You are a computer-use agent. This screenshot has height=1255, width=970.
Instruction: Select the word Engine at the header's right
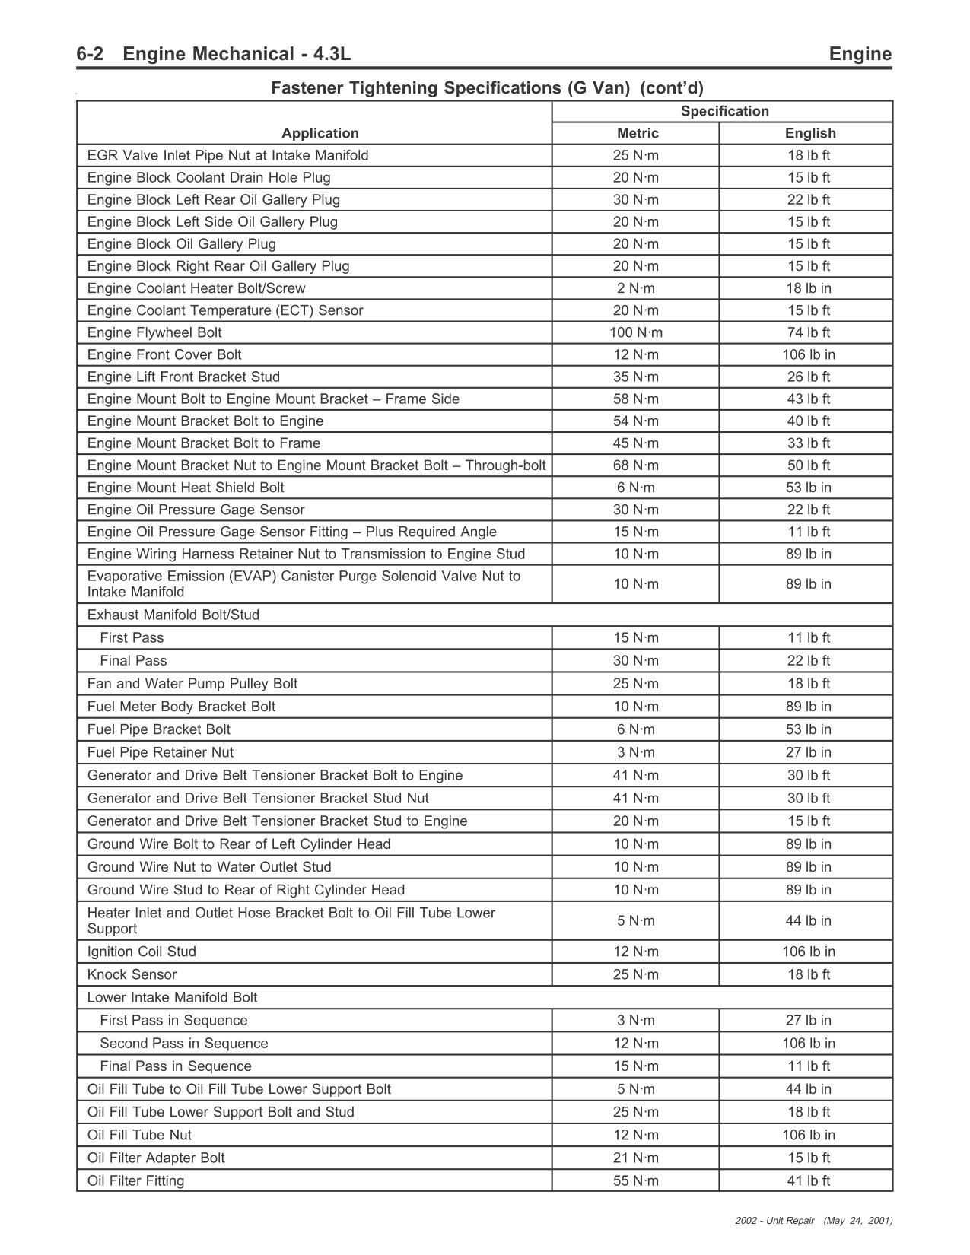click(860, 54)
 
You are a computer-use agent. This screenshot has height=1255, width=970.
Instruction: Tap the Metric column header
click(638, 133)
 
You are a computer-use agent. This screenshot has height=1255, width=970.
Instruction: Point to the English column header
click(810, 133)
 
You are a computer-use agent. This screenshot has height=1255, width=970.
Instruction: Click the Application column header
click(320, 133)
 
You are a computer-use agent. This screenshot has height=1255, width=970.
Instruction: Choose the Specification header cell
click(724, 111)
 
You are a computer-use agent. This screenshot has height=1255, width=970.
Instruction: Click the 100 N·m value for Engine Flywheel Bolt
click(636, 332)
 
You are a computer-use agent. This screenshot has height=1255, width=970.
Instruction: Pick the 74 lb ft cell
click(808, 332)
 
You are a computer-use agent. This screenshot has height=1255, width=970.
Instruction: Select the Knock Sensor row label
click(132, 974)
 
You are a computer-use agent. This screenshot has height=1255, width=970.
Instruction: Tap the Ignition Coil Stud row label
click(142, 952)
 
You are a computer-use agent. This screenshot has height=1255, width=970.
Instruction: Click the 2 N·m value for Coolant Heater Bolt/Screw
click(636, 288)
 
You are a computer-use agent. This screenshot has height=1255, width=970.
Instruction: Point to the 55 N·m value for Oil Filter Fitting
click(636, 1180)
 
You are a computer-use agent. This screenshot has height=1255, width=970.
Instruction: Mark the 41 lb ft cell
click(808, 1180)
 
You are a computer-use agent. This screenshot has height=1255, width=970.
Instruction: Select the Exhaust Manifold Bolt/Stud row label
click(173, 615)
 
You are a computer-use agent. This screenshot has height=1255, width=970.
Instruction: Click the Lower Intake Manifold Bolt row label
click(172, 997)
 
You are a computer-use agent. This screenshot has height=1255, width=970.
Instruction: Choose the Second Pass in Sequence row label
click(183, 1043)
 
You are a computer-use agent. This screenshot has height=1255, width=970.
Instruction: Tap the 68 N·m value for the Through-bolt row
click(636, 465)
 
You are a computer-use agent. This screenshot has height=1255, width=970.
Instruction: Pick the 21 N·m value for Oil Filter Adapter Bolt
click(636, 1158)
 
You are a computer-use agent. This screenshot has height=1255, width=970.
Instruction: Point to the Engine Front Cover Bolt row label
click(164, 354)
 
